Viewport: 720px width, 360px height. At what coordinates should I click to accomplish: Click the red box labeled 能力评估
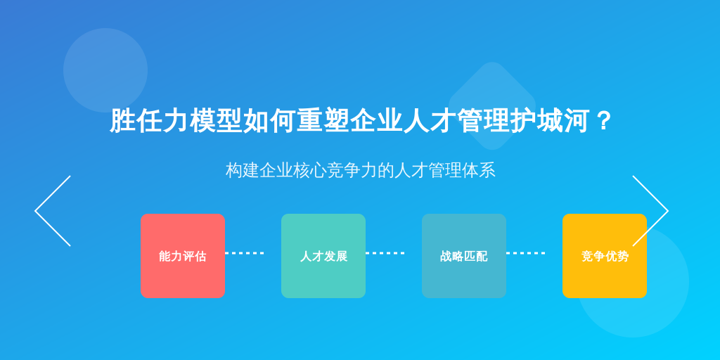(x=183, y=256)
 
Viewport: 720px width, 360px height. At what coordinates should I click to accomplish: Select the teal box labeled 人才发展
(x=323, y=256)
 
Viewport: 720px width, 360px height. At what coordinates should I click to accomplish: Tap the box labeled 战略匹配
(x=464, y=256)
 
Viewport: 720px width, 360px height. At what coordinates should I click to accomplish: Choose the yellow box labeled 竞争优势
(x=604, y=256)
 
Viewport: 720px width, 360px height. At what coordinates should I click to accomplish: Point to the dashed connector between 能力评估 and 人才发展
(x=244, y=253)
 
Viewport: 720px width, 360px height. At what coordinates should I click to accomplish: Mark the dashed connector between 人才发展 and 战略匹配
(x=385, y=253)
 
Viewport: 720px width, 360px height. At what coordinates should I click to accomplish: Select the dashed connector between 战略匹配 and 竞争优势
(x=525, y=253)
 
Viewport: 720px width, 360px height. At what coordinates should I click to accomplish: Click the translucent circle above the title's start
(x=105, y=70)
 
